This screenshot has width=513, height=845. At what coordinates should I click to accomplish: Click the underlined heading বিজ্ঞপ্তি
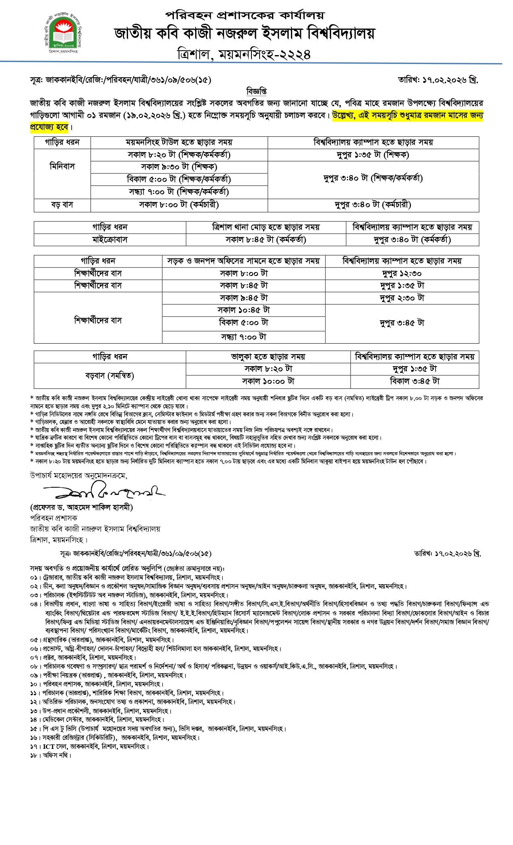(256, 91)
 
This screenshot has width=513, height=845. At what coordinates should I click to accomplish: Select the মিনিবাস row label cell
(62, 167)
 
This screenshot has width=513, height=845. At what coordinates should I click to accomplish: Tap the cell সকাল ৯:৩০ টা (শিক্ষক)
(179, 167)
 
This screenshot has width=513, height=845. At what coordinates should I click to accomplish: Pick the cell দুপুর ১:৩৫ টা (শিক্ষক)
(373, 155)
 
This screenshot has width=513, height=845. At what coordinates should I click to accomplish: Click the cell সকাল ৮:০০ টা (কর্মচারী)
(179, 205)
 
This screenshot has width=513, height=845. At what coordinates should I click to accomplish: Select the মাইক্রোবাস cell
(110, 240)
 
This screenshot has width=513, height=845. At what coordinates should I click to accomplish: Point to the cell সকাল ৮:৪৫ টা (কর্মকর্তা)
(266, 240)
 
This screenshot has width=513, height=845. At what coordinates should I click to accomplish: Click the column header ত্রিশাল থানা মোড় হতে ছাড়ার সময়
(266, 227)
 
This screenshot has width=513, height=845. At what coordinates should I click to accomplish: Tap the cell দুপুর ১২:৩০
(402, 274)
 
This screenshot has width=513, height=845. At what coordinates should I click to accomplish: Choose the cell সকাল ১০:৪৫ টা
(243, 310)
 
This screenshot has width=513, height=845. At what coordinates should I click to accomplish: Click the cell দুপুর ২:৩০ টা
(402, 298)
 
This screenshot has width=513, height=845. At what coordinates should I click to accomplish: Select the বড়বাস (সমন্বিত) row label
(110, 376)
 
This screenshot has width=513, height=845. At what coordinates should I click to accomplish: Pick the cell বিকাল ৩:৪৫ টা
(415, 381)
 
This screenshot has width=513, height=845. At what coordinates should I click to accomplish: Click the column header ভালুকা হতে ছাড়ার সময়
(268, 357)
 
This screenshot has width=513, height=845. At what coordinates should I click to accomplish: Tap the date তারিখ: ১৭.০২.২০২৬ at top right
(438, 80)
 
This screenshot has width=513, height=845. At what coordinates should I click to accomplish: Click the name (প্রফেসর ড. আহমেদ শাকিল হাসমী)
(82, 507)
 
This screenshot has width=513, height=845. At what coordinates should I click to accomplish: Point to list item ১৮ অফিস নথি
(51, 755)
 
